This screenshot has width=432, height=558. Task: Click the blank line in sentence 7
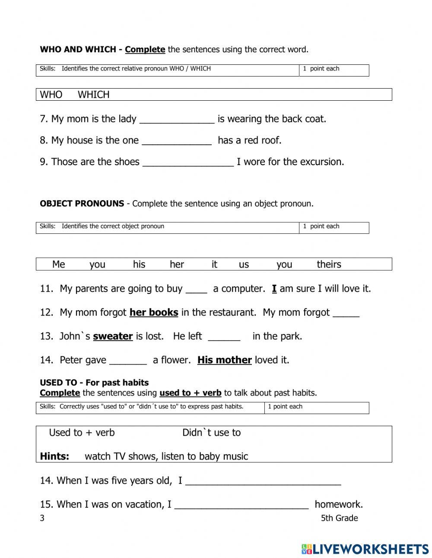pyautogui.click(x=177, y=120)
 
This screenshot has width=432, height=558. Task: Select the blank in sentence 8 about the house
pyautogui.click(x=177, y=141)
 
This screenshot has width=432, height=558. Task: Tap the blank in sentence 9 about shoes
pyautogui.click(x=188, y=163)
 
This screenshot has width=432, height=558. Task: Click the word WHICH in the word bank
pyautogui.click(x=93, y=95)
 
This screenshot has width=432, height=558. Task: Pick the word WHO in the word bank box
pyautogui.click(x=51, y=95)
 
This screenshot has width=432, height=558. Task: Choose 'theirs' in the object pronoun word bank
pyautogui.click(x=329, y=265)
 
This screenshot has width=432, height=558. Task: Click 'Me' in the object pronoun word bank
pyautogui.click(x=58, y=265)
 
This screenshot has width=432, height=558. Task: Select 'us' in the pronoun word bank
pyautogui.click(x=244, y=265)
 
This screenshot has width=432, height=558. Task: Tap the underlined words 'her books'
pyautogui.click(x=154, y=312)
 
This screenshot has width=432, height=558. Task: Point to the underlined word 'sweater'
pyautogui.click(x=113, y=336)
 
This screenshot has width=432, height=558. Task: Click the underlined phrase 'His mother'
pyautogui.click(x=224, y=360)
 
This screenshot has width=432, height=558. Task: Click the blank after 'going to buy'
pyautogui.click(x=197, y=290)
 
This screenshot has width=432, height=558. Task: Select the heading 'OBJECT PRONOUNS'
pyautogui.click(x=82, y=204)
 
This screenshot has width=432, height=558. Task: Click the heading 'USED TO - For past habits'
pyautogui.click(x=94, y=383)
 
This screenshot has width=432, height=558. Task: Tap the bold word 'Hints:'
pyautogui.click(x=54, y=456)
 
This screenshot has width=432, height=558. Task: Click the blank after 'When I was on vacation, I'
pyautogui.click(x=241, y=505)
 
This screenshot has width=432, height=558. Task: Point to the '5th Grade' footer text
pyautogui.click(x=339, y=518)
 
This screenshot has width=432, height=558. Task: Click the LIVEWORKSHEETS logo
pyautogui.click(x=365, y=549)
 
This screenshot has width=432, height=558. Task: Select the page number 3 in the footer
pyautogui.click(x=42, y=518)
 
